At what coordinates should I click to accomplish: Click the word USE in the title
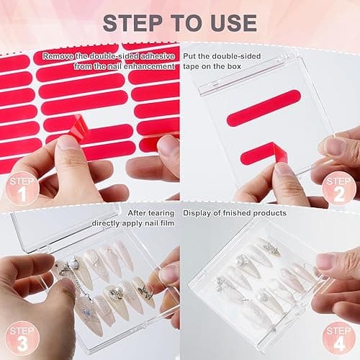coord(234,22)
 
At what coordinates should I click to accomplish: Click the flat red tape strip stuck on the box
coord(263,115)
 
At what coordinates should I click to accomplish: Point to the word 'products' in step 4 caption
coord(269,212)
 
